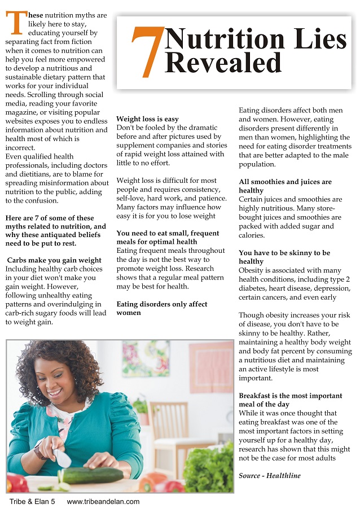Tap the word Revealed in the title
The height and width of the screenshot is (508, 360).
pos(223,63)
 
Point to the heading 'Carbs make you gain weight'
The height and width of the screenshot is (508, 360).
pos(55,260)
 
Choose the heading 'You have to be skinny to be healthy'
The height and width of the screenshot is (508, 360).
pos(284,257)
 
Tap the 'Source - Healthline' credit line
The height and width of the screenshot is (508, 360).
pos(269,476)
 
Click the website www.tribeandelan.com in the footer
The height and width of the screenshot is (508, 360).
pos(103,501)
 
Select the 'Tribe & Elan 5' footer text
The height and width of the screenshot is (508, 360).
pos(32,501)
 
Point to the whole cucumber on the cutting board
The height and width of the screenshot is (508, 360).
pos(94,475)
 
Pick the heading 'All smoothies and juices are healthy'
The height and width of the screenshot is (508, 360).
pos(285,186)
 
